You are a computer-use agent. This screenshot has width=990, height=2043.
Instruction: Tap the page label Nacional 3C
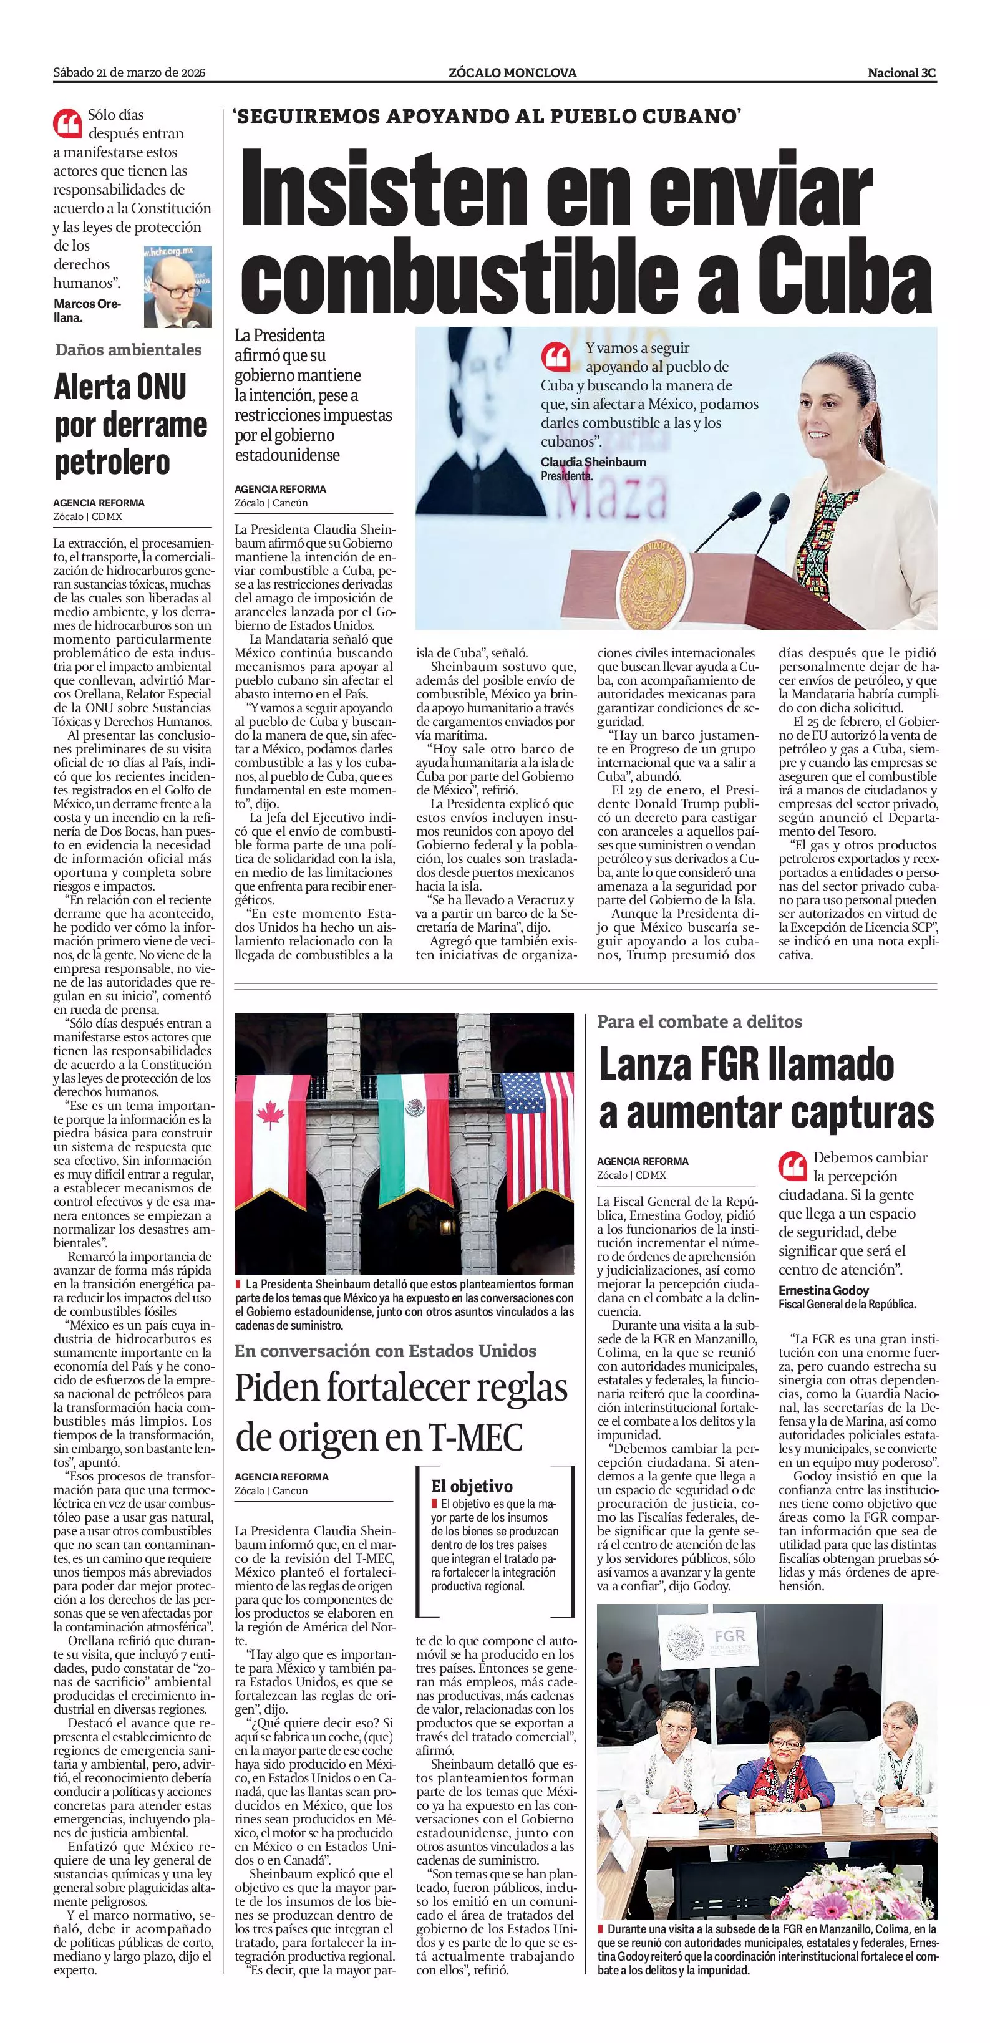(901, 73)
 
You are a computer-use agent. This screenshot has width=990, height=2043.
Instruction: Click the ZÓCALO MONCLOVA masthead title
(512, 73)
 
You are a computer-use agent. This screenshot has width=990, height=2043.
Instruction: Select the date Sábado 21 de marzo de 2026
(129, 73)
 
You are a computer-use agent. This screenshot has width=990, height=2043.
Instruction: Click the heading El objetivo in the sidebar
(472, 1486)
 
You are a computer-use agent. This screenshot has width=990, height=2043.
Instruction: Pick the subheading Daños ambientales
(129, 350)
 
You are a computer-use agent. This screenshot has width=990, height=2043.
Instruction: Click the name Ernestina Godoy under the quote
(823, 1290)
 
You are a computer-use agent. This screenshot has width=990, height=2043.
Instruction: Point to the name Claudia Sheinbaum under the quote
(593, 462)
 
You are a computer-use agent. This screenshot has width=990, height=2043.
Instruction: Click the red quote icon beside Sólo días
(67, 123)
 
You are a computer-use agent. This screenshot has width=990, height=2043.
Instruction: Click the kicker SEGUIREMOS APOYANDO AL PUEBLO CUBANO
(487, 117)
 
